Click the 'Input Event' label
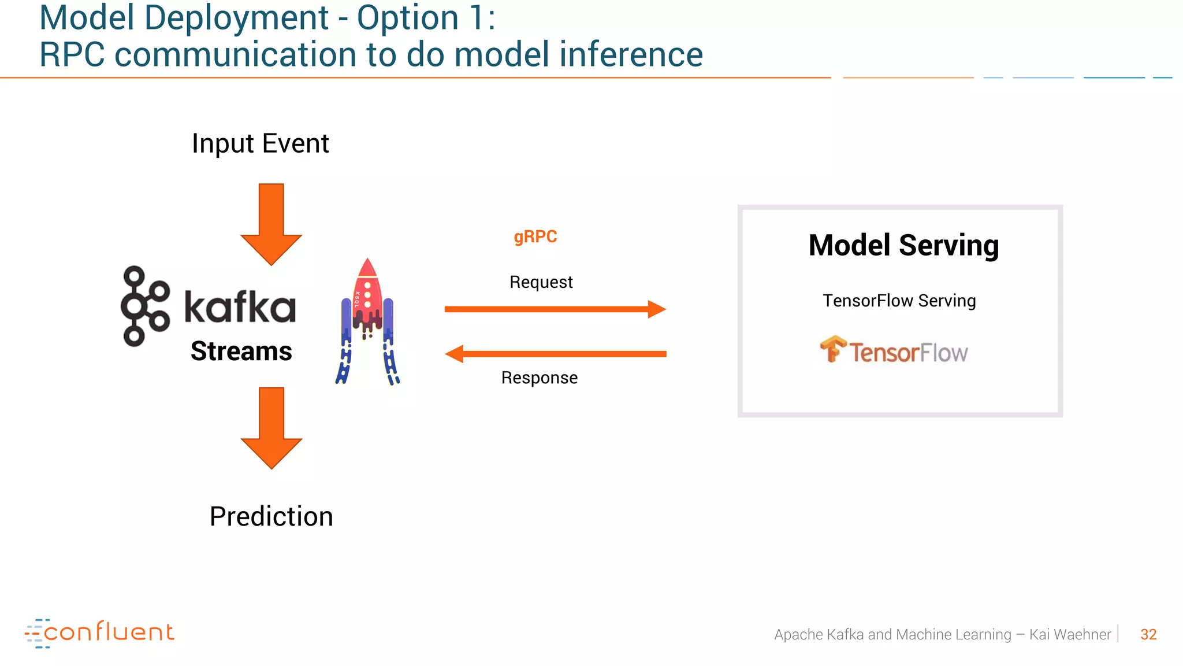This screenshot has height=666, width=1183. [260, 143]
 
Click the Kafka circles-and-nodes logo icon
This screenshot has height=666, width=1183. [144, 306]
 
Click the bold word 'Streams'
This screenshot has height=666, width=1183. [241, 351]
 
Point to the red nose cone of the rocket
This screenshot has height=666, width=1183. [367, 268]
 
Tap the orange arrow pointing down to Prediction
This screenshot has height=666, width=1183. [271, 428]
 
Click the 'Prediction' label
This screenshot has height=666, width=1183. [271, 516]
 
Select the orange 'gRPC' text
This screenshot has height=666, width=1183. [535, 237]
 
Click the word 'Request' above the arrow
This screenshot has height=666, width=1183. [541, 282]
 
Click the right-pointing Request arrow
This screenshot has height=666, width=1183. [555, 309]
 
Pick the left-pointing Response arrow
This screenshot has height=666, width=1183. [555, 354]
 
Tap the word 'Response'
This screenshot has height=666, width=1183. [539, 378]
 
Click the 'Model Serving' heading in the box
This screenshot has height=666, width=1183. [903, 245]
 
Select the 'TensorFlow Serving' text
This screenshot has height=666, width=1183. [899, 301]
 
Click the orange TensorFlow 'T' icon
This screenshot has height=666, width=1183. [832, 349]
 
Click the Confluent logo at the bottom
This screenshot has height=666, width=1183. [99, 632]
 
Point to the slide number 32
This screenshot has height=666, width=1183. [1148, 635]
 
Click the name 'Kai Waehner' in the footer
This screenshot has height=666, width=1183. [1070, 635]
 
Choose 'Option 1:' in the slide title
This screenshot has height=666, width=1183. [426, 17]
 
